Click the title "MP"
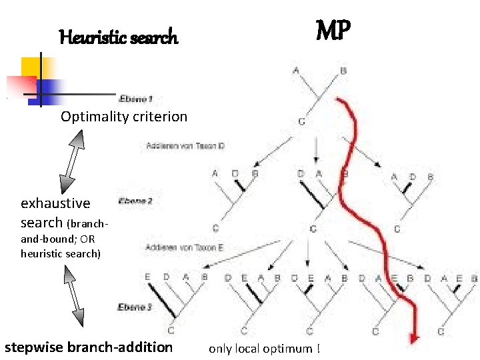333,31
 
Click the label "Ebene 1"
136,99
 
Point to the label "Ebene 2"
135,200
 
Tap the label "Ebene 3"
135,307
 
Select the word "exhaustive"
55,203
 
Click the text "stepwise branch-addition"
88,347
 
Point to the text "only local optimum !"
264,349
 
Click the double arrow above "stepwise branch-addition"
73,297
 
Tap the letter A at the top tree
295,69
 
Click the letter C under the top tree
301,121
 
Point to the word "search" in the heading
159,37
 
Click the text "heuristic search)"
61,253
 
